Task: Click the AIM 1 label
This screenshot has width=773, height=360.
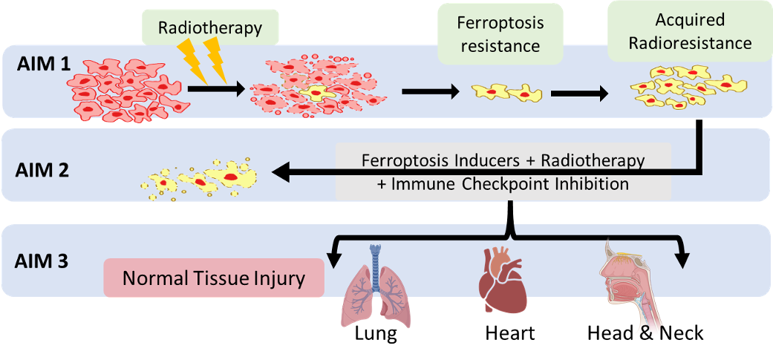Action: click(44, 63)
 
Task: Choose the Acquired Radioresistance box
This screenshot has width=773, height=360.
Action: click(690, 33)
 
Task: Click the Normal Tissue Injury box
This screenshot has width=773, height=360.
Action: click(215, 278)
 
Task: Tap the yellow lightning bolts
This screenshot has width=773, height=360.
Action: click(205, 59)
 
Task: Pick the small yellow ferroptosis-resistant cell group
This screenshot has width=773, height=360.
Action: click(508, 92)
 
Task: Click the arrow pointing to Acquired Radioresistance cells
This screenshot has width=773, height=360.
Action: click(579, 94)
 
